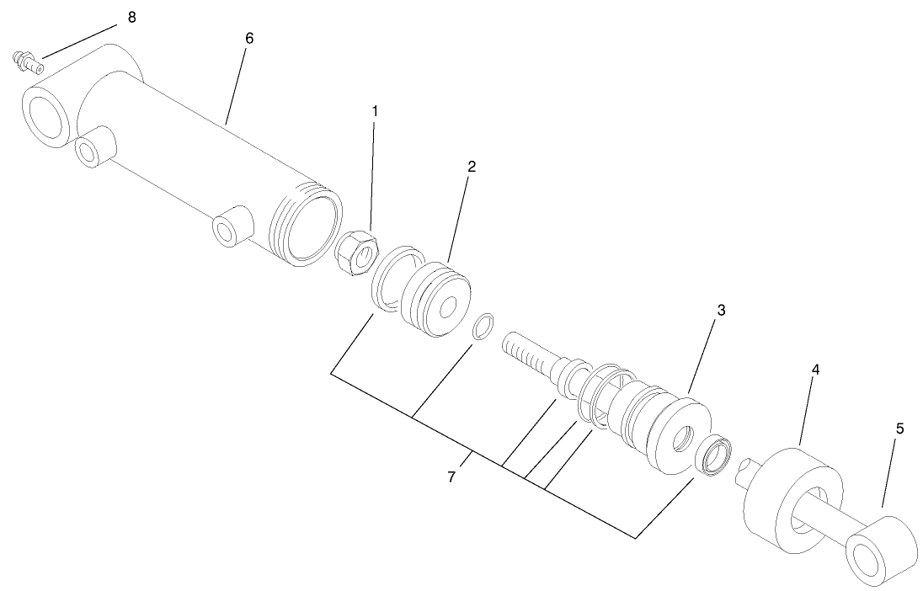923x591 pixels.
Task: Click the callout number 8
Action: tap(131, 18)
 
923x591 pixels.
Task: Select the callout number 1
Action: tap(375, 110)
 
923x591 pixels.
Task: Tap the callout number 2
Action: tap(472, 166)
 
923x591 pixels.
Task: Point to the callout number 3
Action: tap(721, 310)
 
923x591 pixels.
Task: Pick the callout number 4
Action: tap(815, 369)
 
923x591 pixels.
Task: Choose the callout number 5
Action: tap(899, 429)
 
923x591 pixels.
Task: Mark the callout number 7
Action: tap(451, 477)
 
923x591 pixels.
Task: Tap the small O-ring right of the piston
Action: tap(483, 327)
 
